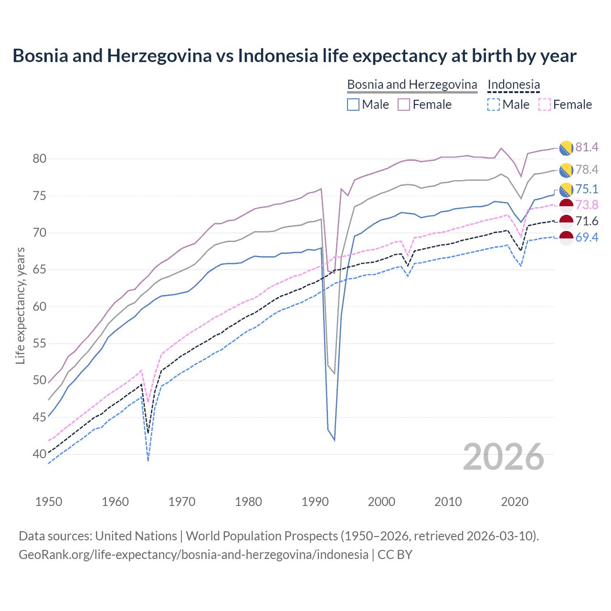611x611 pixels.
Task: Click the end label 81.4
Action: coord(587,147)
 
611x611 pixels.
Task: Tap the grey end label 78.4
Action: coord(587,169)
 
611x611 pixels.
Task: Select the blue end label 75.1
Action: coord(587,189)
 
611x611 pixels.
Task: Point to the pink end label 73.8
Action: coord(587,205)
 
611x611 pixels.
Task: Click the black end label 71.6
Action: coord(587,221)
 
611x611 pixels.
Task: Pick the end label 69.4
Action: coord(587,237)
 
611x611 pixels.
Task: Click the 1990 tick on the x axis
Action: coord(315,502)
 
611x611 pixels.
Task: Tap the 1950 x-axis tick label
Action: coord(49,502)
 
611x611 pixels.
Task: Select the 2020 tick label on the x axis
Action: coord(515,502)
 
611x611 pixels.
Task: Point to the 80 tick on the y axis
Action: coord(39,159)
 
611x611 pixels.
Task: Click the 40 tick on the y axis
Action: coord(39,454)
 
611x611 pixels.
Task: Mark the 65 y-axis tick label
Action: coord(39,270)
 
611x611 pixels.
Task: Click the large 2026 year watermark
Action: coord(504,457)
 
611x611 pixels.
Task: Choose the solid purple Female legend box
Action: coord(404,105)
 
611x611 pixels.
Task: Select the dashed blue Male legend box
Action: coord(494,105)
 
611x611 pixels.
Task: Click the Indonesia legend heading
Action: coord(514,84)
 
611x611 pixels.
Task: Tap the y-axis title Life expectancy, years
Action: coord(20,305)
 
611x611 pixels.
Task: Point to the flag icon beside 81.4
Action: coord(566,148)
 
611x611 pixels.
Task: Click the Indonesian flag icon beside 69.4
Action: coord(566,238)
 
